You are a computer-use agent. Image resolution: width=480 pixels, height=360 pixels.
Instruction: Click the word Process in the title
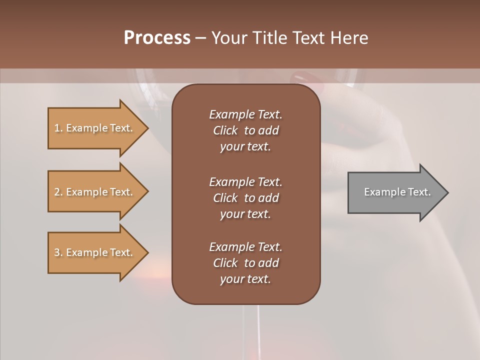coord(157,38)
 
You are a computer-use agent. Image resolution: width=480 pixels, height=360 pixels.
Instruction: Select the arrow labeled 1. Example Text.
coord(95,128)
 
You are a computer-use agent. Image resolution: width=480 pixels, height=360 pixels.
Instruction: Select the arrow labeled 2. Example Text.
coord(95,192)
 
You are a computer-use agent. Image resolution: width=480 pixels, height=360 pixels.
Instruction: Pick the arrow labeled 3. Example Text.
coord(95,252)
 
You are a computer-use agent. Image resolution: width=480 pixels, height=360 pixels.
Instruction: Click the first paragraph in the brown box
coord(245,130)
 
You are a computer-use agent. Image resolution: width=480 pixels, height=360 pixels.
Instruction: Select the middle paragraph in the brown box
coord(245,198)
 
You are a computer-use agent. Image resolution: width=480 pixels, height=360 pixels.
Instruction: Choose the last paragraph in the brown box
coord(245,263)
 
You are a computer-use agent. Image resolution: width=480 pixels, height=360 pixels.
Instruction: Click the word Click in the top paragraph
coord(225,130)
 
